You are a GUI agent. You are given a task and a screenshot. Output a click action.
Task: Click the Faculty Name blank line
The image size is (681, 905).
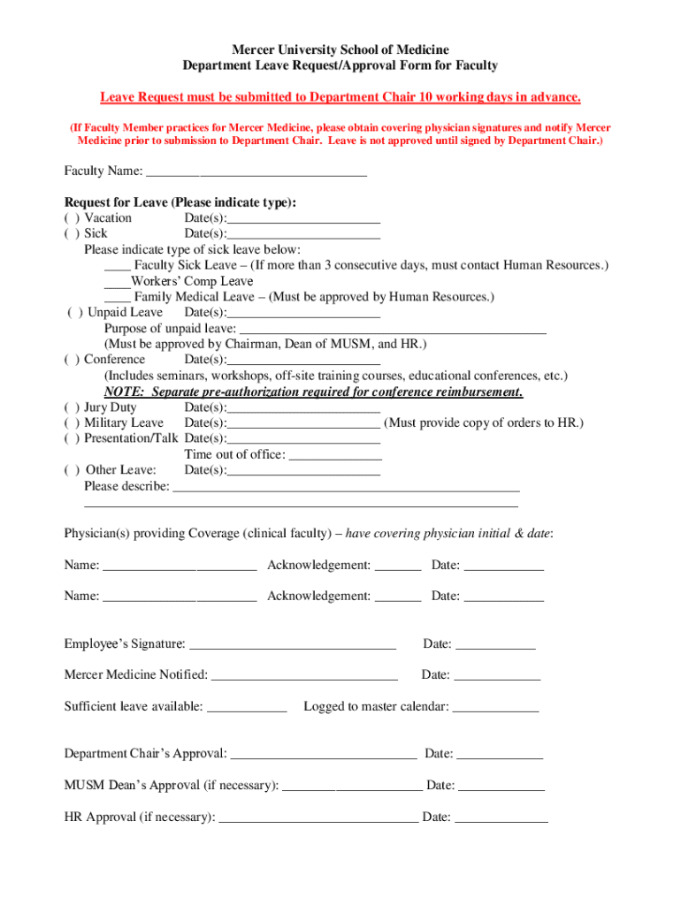[256, 171]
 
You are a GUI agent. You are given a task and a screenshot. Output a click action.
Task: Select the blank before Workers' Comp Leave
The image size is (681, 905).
[116, 282]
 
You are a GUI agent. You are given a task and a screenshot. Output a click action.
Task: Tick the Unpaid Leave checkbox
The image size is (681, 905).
[73, 313]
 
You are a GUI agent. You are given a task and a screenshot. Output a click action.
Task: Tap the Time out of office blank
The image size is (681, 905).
[335, 455]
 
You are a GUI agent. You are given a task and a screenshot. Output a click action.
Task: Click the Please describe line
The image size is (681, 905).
[346, 487]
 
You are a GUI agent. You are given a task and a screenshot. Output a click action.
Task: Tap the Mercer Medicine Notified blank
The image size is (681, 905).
[304, 675]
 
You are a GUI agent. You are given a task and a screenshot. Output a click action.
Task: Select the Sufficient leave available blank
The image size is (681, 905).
[247, 707]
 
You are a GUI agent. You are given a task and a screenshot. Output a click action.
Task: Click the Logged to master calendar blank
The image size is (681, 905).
[495, 707]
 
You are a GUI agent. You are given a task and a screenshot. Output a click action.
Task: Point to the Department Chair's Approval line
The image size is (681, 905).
[323, 754]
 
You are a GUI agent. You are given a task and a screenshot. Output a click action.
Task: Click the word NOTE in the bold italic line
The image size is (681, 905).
[123, 392]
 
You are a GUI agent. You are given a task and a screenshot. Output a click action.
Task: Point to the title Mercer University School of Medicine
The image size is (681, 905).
[340, 49]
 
